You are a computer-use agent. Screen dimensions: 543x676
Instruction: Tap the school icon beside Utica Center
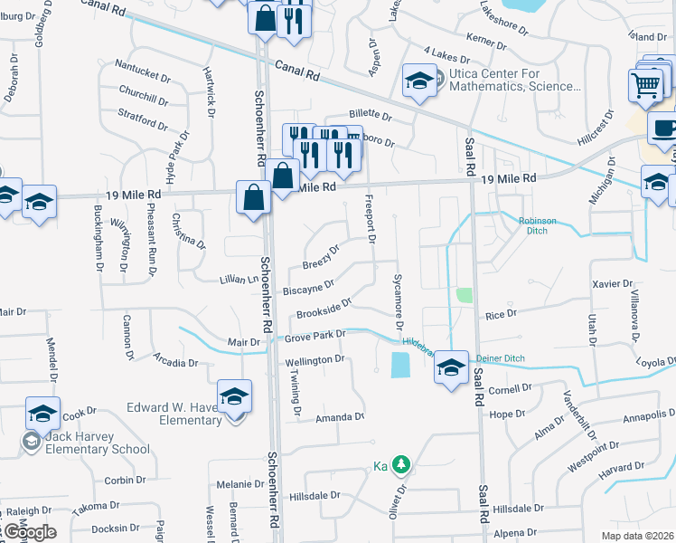[419, 81]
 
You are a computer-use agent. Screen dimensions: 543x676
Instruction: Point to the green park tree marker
[400, 465]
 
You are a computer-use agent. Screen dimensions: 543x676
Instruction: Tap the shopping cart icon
[646, 87]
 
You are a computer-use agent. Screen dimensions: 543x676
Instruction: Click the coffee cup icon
[663, 129]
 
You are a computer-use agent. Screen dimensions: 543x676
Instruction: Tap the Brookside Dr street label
[323, 308]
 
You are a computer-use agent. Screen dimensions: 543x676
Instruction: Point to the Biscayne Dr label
[309, 288]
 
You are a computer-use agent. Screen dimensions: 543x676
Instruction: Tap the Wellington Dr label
[315, 360]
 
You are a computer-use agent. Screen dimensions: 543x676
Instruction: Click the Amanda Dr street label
[339, 417]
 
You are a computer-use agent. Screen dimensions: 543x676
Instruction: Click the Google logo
[31, 532]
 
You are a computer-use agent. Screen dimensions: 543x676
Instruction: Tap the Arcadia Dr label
[175, 362]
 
